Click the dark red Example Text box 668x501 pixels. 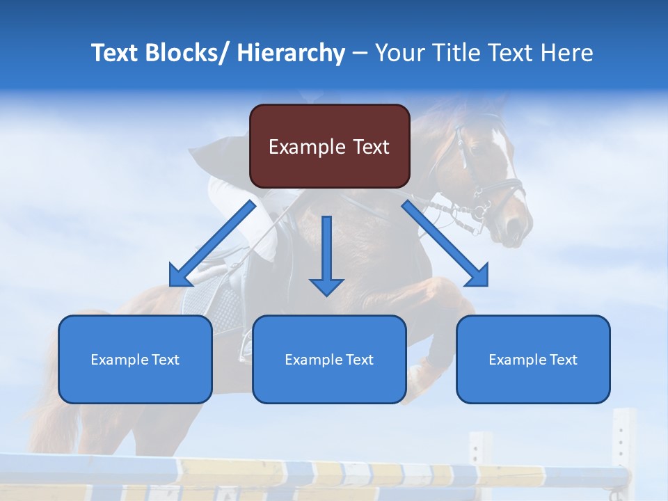coord(329,146)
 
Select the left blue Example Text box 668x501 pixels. coord(135,359)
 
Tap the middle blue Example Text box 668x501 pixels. coord(329,359)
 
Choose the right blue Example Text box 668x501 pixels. coord(533,359)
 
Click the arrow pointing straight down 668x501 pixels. coord(326,257)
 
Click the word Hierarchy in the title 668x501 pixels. coord(291,53)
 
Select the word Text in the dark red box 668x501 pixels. coord(369,146)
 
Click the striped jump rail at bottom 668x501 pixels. coord(313,473)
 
